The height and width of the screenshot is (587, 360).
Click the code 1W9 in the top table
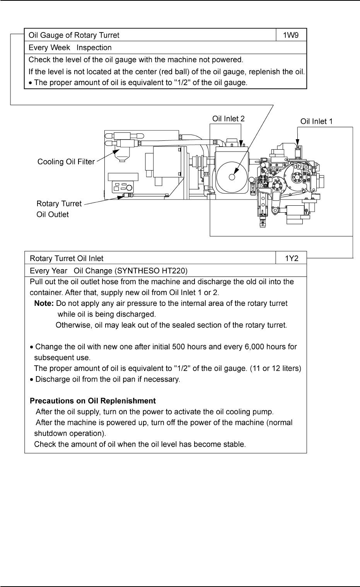click(290, 35)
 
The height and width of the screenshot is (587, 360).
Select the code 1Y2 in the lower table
click(292, 258)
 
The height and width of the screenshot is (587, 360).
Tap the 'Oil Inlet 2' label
click(228, 119)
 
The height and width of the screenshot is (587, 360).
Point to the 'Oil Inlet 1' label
click(316, 121)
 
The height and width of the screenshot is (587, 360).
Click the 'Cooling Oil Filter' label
click(66, 162)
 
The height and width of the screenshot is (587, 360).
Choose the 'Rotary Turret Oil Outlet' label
click(59, 209)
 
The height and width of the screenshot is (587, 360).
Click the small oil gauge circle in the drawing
click(232, 177)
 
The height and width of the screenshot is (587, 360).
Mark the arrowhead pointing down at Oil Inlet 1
click(297, 143)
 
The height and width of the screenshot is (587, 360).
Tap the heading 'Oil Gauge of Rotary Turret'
click(74, 35)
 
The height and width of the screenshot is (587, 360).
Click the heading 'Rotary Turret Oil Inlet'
click(67, 258)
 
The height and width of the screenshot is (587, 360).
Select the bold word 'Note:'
click(44, 303)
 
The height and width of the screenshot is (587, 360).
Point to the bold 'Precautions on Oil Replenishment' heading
click(93, 401)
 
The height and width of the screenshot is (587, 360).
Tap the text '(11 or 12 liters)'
click(275, 368)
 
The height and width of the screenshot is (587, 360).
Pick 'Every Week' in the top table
click(49, 48)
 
